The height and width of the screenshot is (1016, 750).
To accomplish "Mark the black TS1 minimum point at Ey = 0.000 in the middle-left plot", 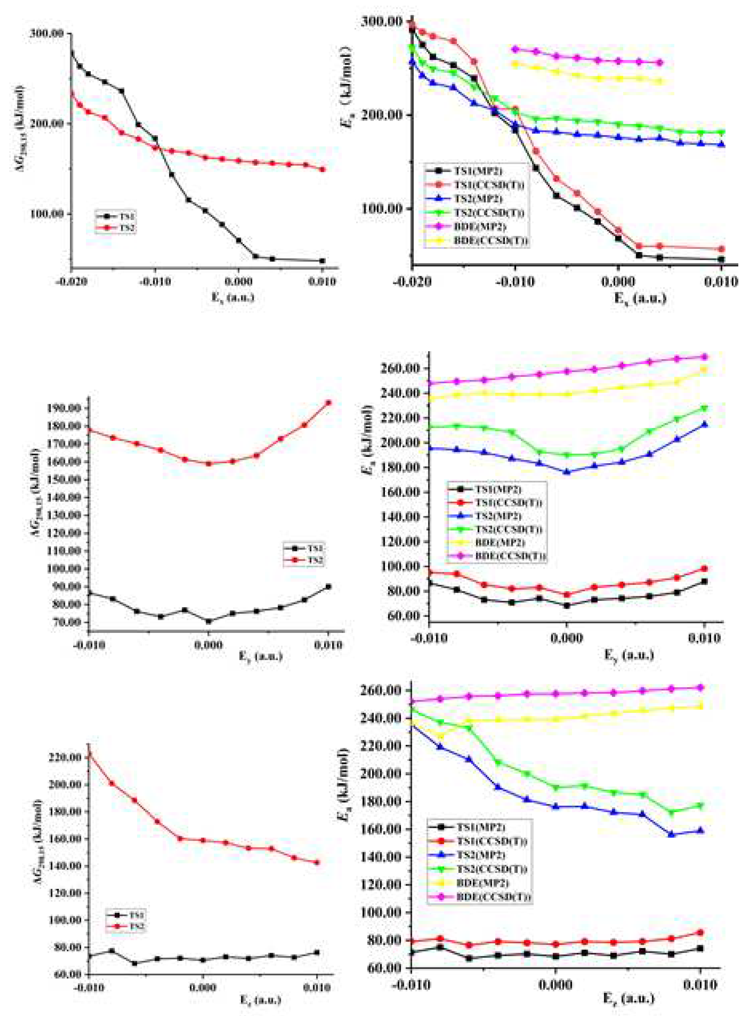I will [209, 621].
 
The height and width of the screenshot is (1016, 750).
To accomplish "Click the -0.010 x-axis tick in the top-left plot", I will [155, 282].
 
